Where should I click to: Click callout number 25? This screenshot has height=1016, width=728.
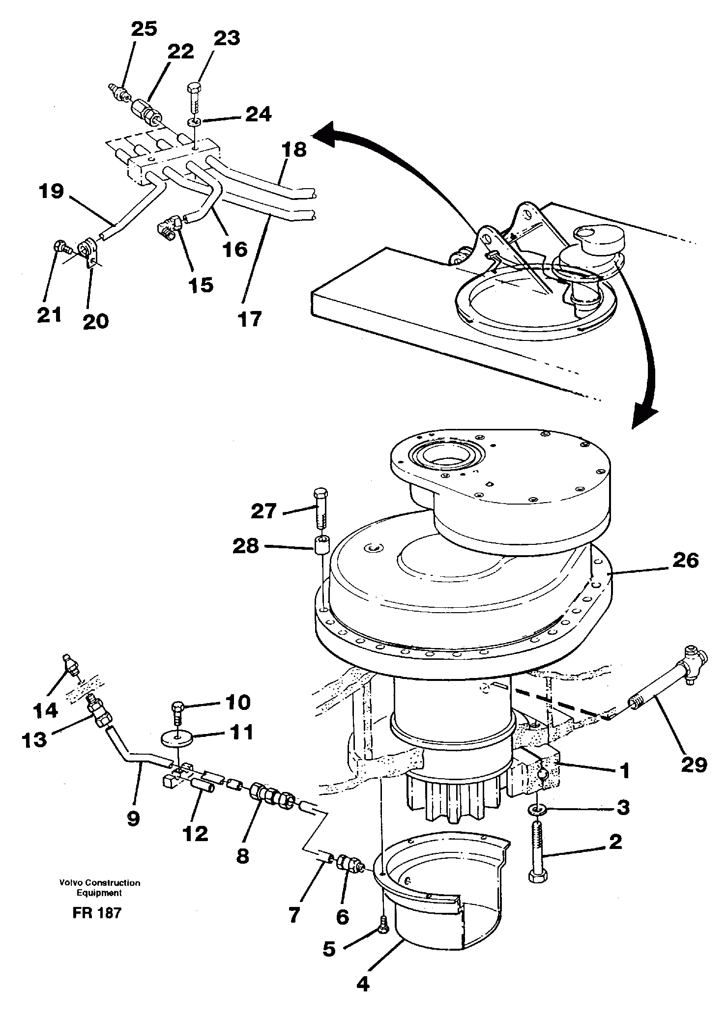(x=144, y=29)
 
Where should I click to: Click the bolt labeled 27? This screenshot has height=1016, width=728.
(x=320, y=508)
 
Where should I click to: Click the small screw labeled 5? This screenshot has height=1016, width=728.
(x=384, y=926)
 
